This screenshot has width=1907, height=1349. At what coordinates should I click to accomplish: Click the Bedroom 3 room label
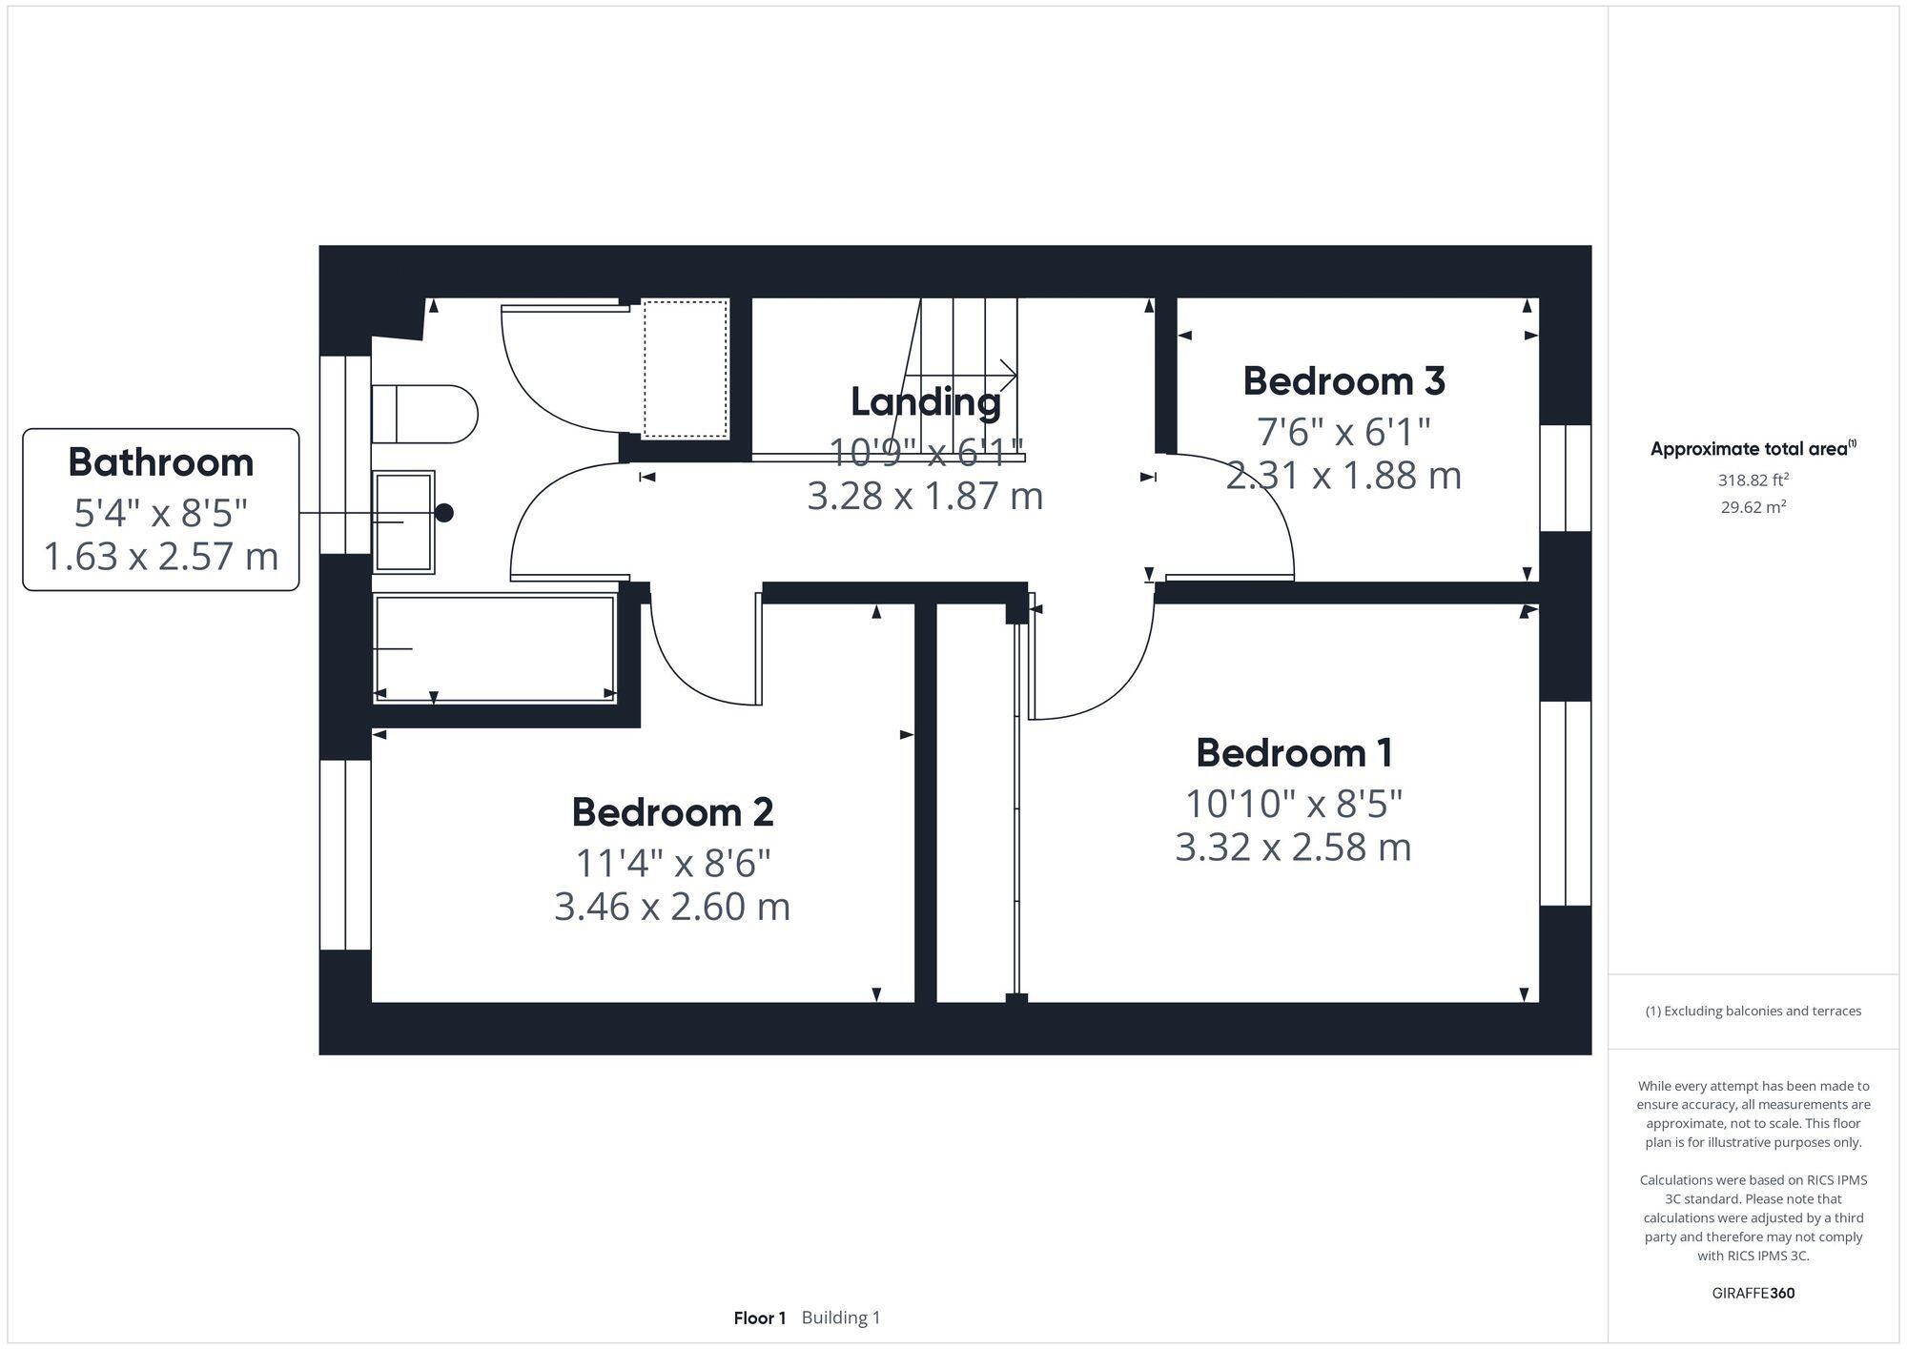tap(1343, 381)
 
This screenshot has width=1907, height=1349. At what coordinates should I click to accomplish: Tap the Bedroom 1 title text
tap(1294, 753)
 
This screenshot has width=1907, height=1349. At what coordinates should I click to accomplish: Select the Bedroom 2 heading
tap(672, 812)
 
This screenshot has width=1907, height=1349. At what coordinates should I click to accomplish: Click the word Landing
tap(925, 401)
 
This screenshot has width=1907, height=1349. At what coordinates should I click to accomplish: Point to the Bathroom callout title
tap(161, 462)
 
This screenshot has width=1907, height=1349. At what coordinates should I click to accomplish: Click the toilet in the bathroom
tap(423, 414)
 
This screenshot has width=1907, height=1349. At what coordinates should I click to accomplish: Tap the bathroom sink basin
tap(403, 521)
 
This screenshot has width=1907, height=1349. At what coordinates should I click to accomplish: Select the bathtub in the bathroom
tap(494, 648)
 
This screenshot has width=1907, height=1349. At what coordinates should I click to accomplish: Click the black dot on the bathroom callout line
tap(444, 513)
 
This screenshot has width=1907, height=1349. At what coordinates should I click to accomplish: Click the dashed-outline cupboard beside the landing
tap(686, 369)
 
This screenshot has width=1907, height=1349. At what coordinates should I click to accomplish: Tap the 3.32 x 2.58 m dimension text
tap(1293, 847)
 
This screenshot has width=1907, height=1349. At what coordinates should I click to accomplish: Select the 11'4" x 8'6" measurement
tap(672, 864)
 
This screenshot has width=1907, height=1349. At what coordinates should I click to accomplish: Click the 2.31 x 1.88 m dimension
tap(1343, 475)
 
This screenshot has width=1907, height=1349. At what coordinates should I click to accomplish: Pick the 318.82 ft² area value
tap(1753, 480)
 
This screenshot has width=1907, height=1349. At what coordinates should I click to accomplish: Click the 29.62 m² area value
tap(1753, 507)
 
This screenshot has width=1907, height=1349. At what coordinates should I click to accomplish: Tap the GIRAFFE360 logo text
tap(1753, 1293)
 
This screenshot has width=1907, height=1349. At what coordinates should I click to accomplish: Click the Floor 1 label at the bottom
tap(759, 1318)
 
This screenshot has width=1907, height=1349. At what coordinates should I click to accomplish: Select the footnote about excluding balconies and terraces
tap(1753, 1011)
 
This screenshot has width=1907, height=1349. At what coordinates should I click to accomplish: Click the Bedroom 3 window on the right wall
tap(1565, 478)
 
